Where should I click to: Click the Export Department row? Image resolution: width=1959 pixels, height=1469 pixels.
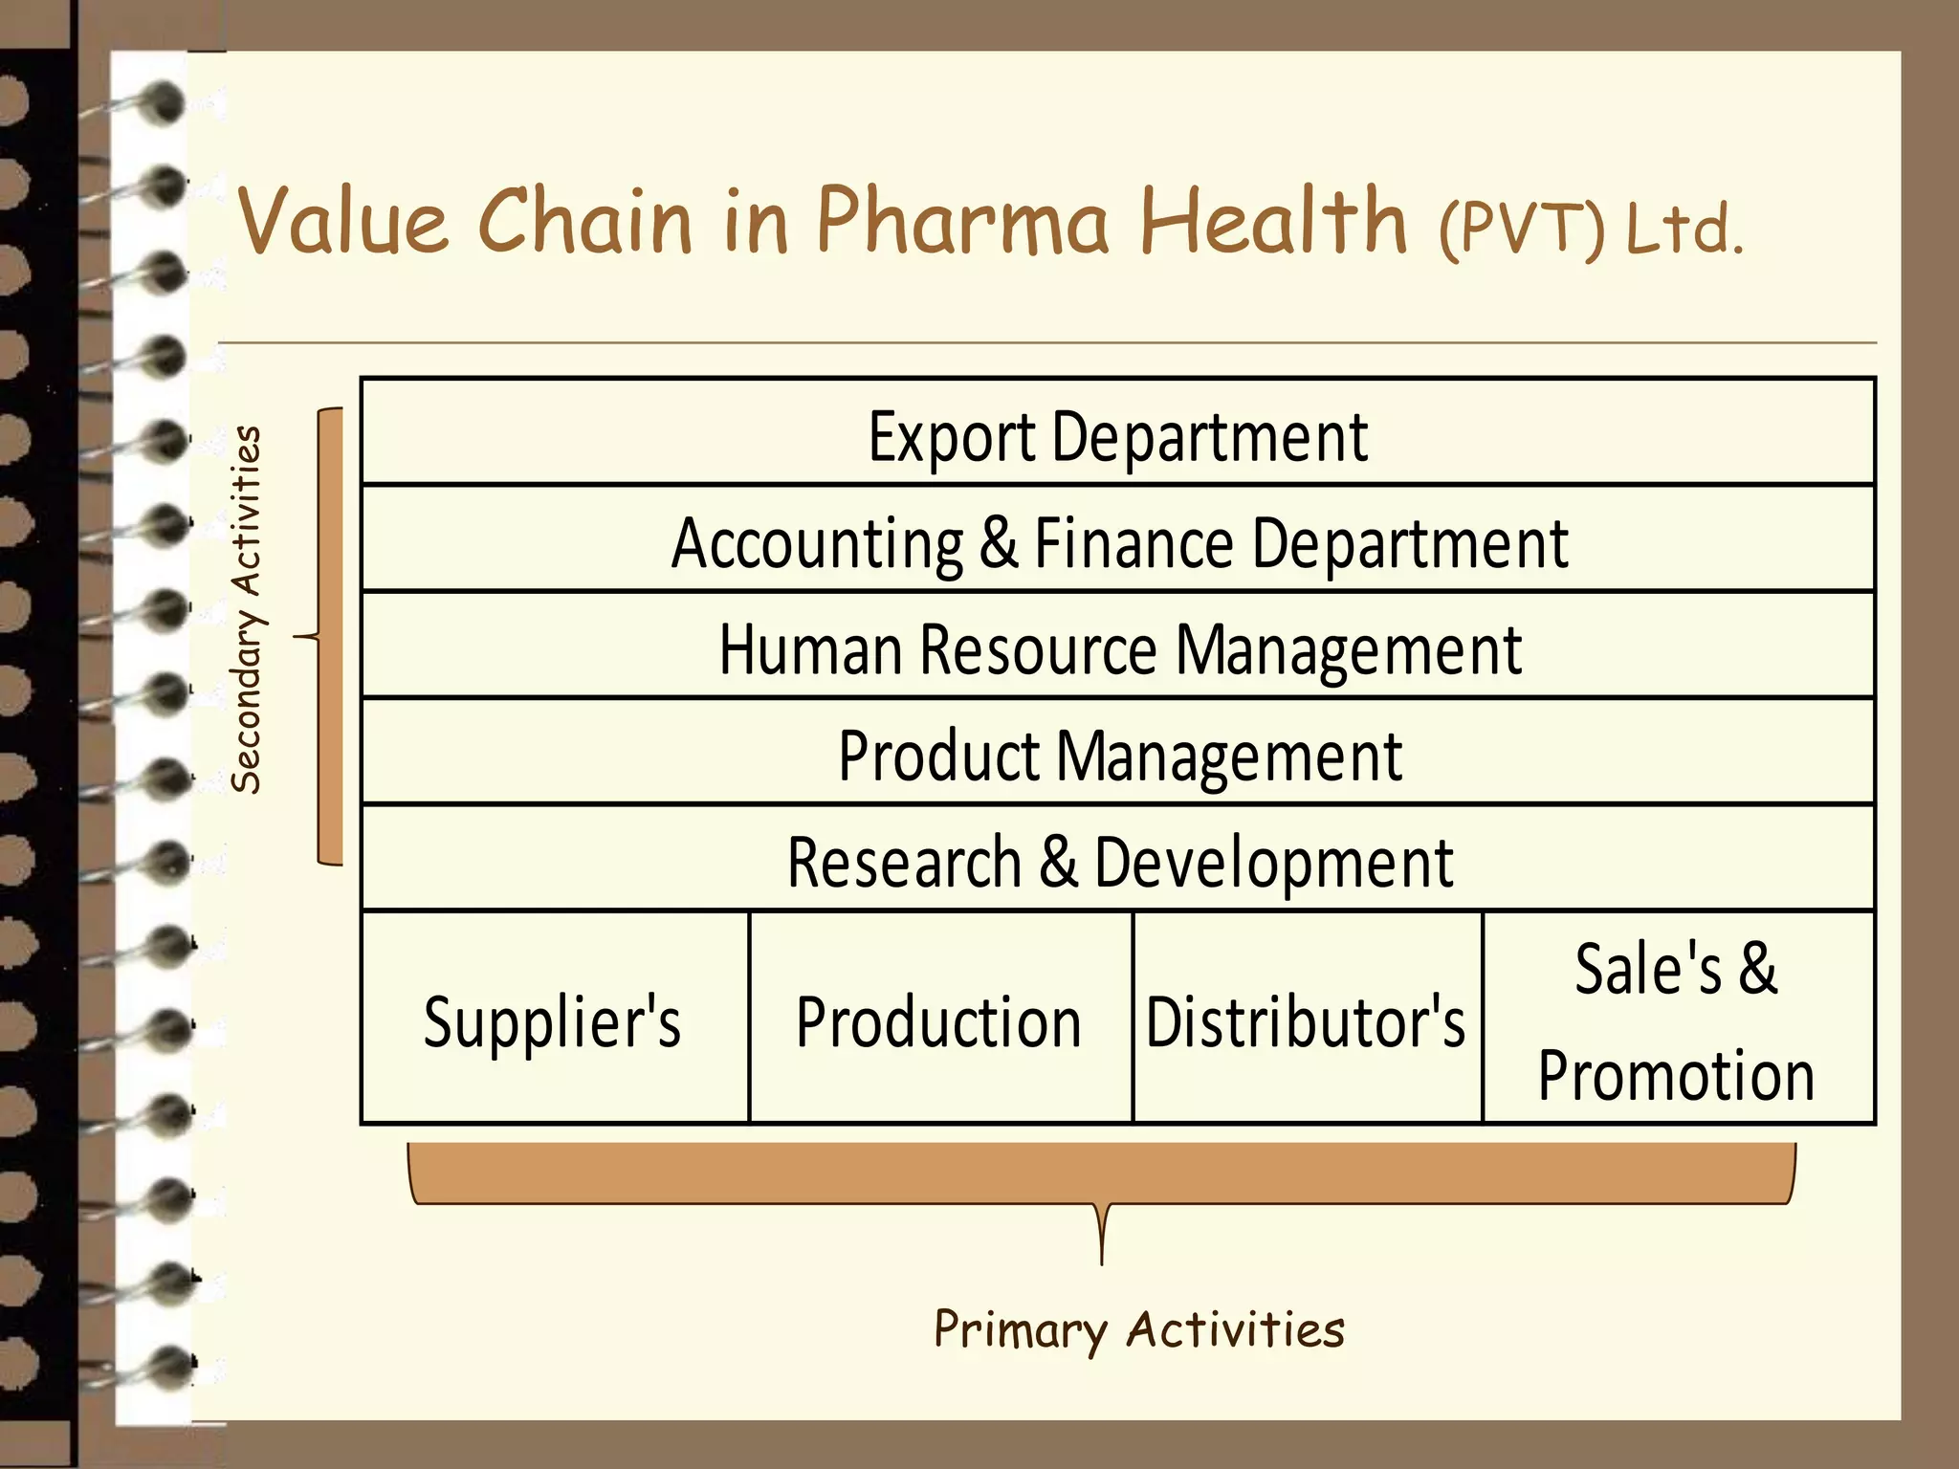point(1117,435)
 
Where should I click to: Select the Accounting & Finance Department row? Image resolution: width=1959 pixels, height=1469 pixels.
point(1117,541)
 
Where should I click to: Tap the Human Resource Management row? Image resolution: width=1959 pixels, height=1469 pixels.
point(1117,648)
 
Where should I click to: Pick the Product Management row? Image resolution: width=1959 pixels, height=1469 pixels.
point(1117,755)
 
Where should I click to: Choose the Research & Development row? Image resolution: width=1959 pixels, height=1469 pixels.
point(1117,861)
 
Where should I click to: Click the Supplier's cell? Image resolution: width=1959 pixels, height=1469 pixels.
point(553,1020)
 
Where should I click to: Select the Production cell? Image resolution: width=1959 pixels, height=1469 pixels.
point(939,1020)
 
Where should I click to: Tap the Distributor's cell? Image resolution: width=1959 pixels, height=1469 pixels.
point(1306,1020)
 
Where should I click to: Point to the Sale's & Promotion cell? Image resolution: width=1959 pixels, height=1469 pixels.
point(1676,1020)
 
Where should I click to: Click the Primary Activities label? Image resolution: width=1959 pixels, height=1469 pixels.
point(1138,1329)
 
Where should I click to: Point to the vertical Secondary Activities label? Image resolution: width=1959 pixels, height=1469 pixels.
point(246,609)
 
